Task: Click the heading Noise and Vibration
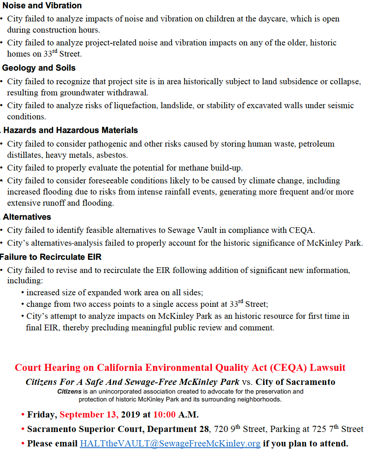coord(42,6)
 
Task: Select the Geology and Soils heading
coord(39,68)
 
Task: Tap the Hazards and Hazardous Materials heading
coord(71,130)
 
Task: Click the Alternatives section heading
coord(27,217)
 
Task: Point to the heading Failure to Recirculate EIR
coord(50,257)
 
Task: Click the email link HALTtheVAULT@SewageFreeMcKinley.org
coord(170,444)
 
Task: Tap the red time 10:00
coord(164,414)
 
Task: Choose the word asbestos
coord(112,155)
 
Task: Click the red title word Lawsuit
coord(328,368)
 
